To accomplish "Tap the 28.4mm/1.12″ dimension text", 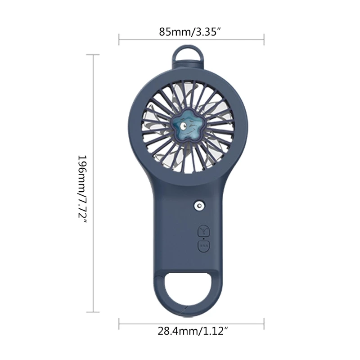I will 191,332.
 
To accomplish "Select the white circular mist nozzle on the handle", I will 198,206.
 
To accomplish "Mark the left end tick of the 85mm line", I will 119,39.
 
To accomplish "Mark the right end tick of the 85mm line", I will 264,39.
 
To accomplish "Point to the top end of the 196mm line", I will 93,55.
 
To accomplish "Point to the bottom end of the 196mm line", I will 93,311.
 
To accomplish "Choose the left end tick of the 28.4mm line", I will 119,323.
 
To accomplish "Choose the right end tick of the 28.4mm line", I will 264,323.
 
